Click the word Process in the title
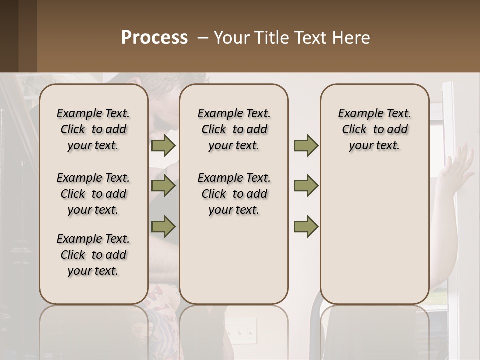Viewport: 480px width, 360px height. pyautogui.click(x=154, y=38)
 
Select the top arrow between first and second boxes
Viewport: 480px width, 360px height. pyautogui.click(x=163, y=145)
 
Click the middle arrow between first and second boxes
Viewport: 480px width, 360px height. pyautogui.click(x=163, y=186)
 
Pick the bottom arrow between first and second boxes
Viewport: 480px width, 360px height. pyautogui.click(x=163, y=226)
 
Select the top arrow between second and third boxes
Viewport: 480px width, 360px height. pyautogui.click(x=306, y=145)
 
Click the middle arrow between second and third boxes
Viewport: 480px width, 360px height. pyautogui.click(x=306, y=186)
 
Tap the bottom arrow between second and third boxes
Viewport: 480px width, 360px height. pyautogui.click(x=306, y=226)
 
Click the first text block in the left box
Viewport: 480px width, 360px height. pyautogui.click(x=93, y=129)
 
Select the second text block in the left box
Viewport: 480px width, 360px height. pyautogui.click(x=93, y=194)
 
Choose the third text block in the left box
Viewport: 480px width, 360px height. pyautogui.click(x=93, y=255)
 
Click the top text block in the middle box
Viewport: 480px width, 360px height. pyautogui.click(x=234, y=129)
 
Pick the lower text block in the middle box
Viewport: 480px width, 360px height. pyautogui.click(x=234, y=194)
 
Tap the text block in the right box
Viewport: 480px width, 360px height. pyautogui.click(x=374, y=129)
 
